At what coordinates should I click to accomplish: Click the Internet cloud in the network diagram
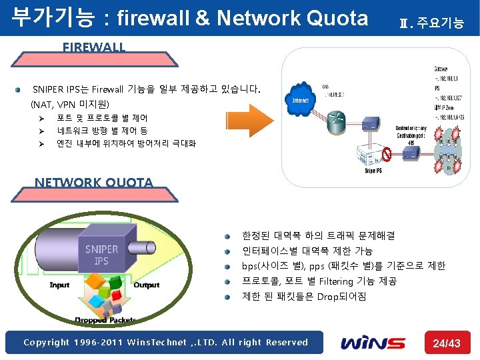tap(299, 99)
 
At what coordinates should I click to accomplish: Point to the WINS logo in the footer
tap(373, 343)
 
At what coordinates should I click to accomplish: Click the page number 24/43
tap(447, 343)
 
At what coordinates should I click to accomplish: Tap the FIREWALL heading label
tap(93, 47)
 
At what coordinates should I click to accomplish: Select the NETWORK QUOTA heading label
tap(93, 182)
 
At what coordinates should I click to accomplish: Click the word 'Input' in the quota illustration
tap(59, 285)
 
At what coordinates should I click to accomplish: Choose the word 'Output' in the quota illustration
tap(146, 285)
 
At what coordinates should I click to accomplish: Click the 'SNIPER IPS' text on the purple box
tap(101, 255)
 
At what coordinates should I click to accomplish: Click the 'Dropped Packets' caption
tap(100, 321)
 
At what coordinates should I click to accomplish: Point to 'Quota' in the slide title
tap(337, 18)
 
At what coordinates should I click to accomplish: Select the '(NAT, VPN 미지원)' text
tap(69, 105)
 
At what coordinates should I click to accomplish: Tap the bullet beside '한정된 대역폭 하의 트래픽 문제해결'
tap(227, 236)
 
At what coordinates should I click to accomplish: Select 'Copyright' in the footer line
tap(46, 343)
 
